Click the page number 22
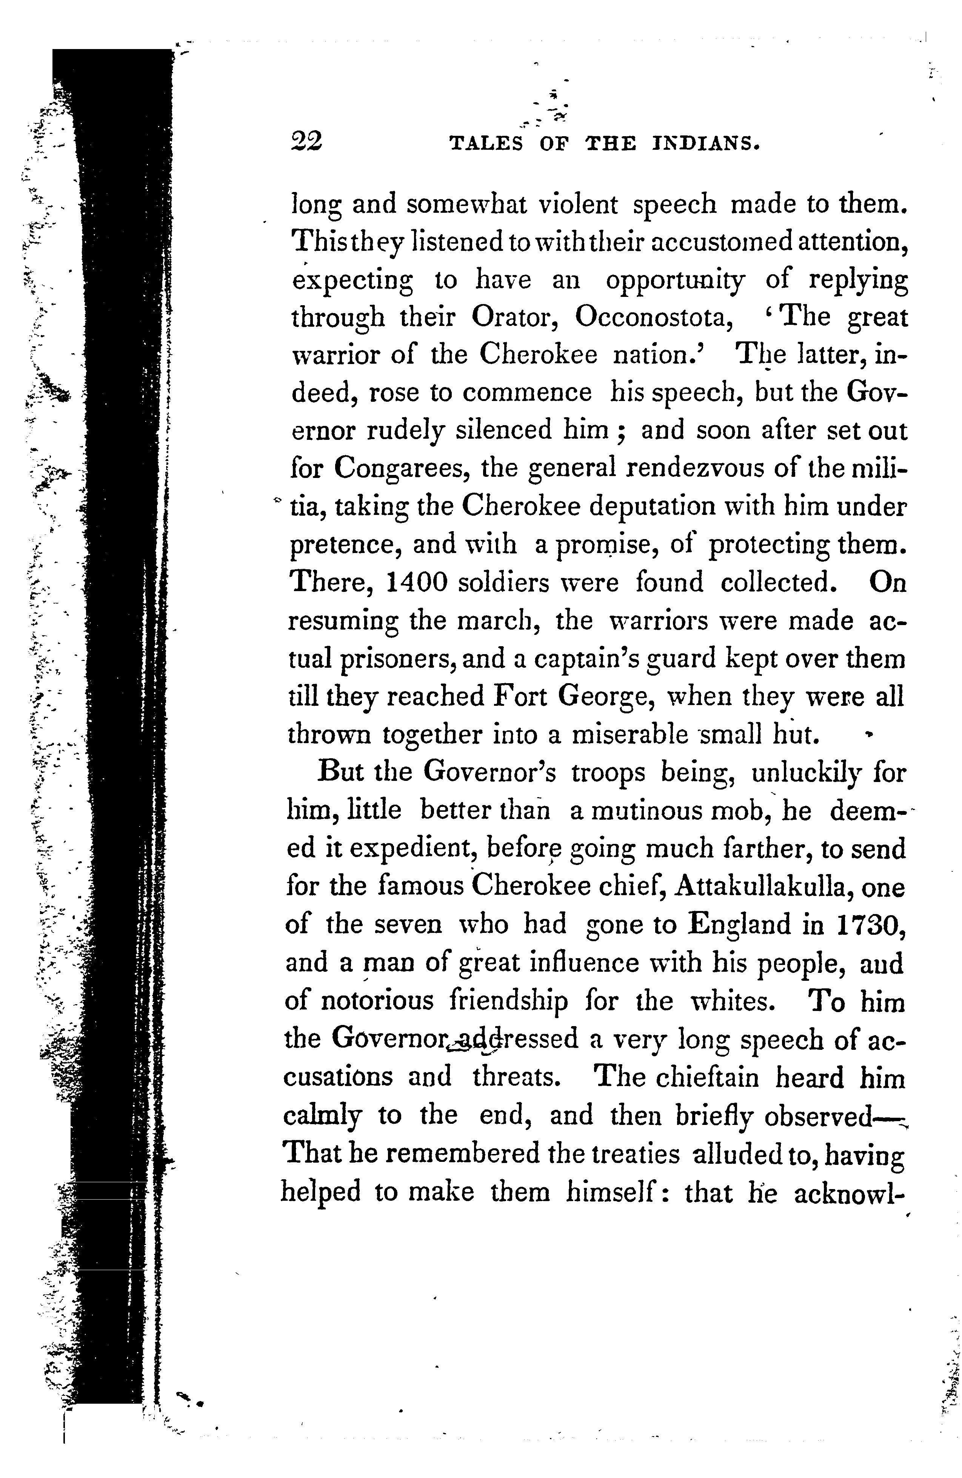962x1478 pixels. pyautogui.click(x=306, y=143)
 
